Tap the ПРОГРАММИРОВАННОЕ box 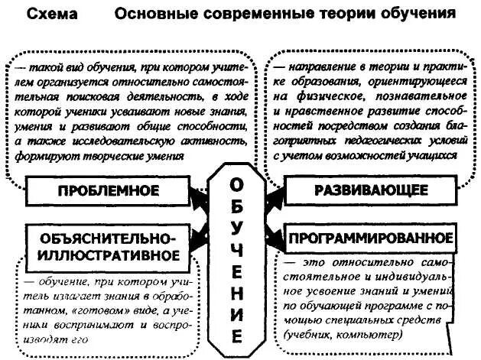(371, 237)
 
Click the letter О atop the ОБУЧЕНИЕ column (239, 186)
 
